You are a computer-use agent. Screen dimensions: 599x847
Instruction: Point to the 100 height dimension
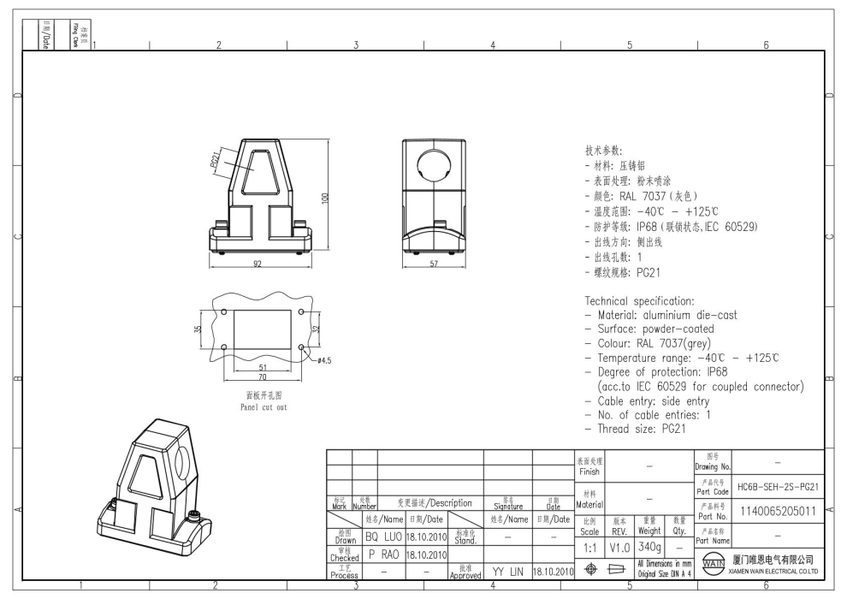point(325,198)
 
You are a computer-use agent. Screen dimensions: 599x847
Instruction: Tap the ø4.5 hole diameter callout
point(324,360)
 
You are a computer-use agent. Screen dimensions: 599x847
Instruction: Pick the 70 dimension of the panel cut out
point(263,376)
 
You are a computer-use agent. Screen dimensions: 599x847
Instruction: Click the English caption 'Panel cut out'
point(264,407)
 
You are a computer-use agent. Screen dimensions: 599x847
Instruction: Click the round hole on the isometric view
point(187,470)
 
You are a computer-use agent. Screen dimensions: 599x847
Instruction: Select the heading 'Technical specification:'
point(639,301)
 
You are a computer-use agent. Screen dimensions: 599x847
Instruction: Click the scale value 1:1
point(589,546)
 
